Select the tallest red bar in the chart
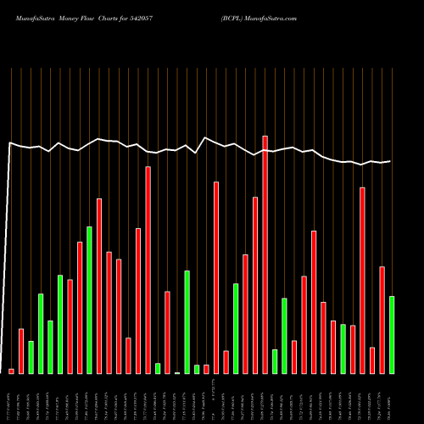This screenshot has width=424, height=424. pyautogui.click(x=265, y=254)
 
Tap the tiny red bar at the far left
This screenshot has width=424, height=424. pyautogui.click(x=11, y=371)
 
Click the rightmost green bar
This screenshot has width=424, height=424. pyautogui.click(x=391, y=334)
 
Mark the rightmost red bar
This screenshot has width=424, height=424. pyautogui.click(x=382, y=320)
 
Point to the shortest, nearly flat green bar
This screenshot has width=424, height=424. pyautogui.click(x=177, y=372)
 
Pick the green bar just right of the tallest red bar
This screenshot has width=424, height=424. pyautogui.click(x=275, y=361)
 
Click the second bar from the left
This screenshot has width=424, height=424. pyautogui.click(x=21, y=350)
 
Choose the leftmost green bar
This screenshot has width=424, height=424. pyautogui.click(x=31, y=357)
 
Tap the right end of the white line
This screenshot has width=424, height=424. pyautogui.click(x=390, y=161)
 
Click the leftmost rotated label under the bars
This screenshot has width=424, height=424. pyautogui.click(x=11, y=399)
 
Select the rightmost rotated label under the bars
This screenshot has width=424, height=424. pyautogui.click(x=391, y=399)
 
